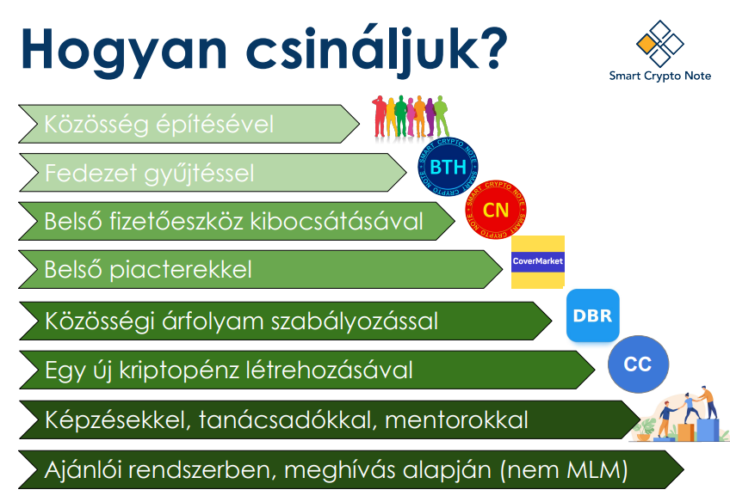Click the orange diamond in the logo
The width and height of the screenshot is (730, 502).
[646, 43]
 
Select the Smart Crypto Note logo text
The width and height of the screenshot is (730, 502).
[659, 76]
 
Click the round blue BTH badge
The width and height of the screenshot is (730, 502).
[448, 167]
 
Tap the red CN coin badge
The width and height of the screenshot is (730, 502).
[496, 210]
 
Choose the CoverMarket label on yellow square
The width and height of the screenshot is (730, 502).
[538, 261]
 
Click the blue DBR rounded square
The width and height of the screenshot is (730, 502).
[592, 315]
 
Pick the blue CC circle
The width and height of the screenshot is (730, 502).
[638, 364]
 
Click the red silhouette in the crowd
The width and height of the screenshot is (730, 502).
[380, 116]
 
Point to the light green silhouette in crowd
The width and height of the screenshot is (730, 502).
[442, 116]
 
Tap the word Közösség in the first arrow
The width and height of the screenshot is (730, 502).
[96, 125]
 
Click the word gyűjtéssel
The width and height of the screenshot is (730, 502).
[199, 174]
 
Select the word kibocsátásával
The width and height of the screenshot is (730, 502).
[337, 221]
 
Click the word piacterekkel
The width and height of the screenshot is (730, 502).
[181, 271]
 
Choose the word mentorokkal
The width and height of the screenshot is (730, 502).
[456, 420]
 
